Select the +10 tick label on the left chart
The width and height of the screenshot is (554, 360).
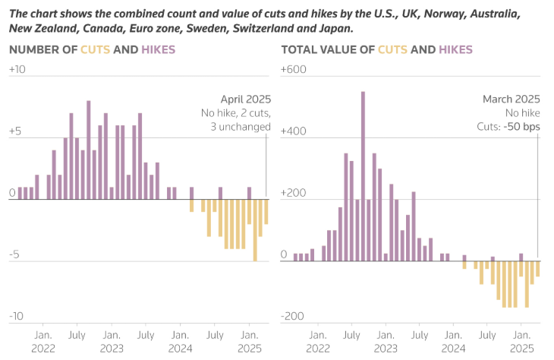(17, 70)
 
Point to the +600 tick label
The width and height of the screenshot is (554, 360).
(292, 70)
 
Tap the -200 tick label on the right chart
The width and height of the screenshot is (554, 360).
(292, 316)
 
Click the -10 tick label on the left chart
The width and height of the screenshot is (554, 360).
(17, 316)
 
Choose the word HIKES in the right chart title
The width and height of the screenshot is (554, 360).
(453, 50)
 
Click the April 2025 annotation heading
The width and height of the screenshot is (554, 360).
(245, 99)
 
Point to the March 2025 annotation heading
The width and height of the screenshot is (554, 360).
(512, 99)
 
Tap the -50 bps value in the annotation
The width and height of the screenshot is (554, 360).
(523, 127)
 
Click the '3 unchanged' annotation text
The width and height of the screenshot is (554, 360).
(240, 127)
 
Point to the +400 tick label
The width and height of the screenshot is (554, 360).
(292, 131)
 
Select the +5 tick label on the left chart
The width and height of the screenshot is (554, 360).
(14, 131)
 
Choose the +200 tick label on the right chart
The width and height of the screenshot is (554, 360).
(292, 193)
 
